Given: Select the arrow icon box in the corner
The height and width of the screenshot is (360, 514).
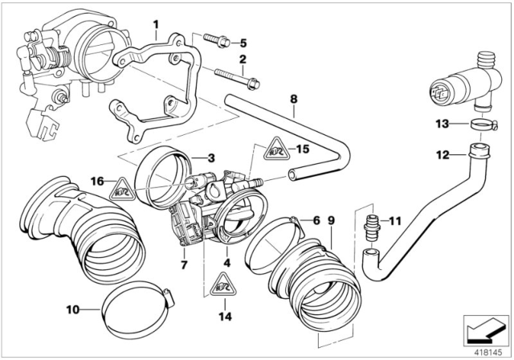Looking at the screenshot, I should point(483,329).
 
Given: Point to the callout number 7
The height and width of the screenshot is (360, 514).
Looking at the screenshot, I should point(184,263).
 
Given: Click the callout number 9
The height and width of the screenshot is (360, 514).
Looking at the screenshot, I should point(331,219).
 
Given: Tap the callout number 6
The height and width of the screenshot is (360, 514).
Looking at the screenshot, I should point(316,219).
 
